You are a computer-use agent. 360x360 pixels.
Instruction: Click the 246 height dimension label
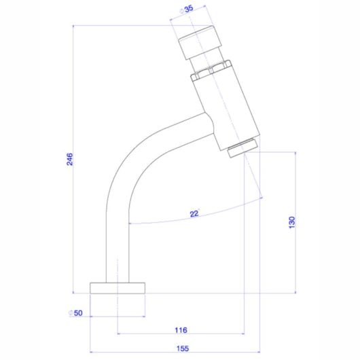point(69,160)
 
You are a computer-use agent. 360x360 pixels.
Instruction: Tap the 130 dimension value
point(291,222)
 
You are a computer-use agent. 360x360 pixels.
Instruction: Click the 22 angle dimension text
point(194,215)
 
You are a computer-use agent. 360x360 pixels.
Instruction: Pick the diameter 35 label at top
point(185,10)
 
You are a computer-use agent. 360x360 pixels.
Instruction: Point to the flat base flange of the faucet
point(118,286)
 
